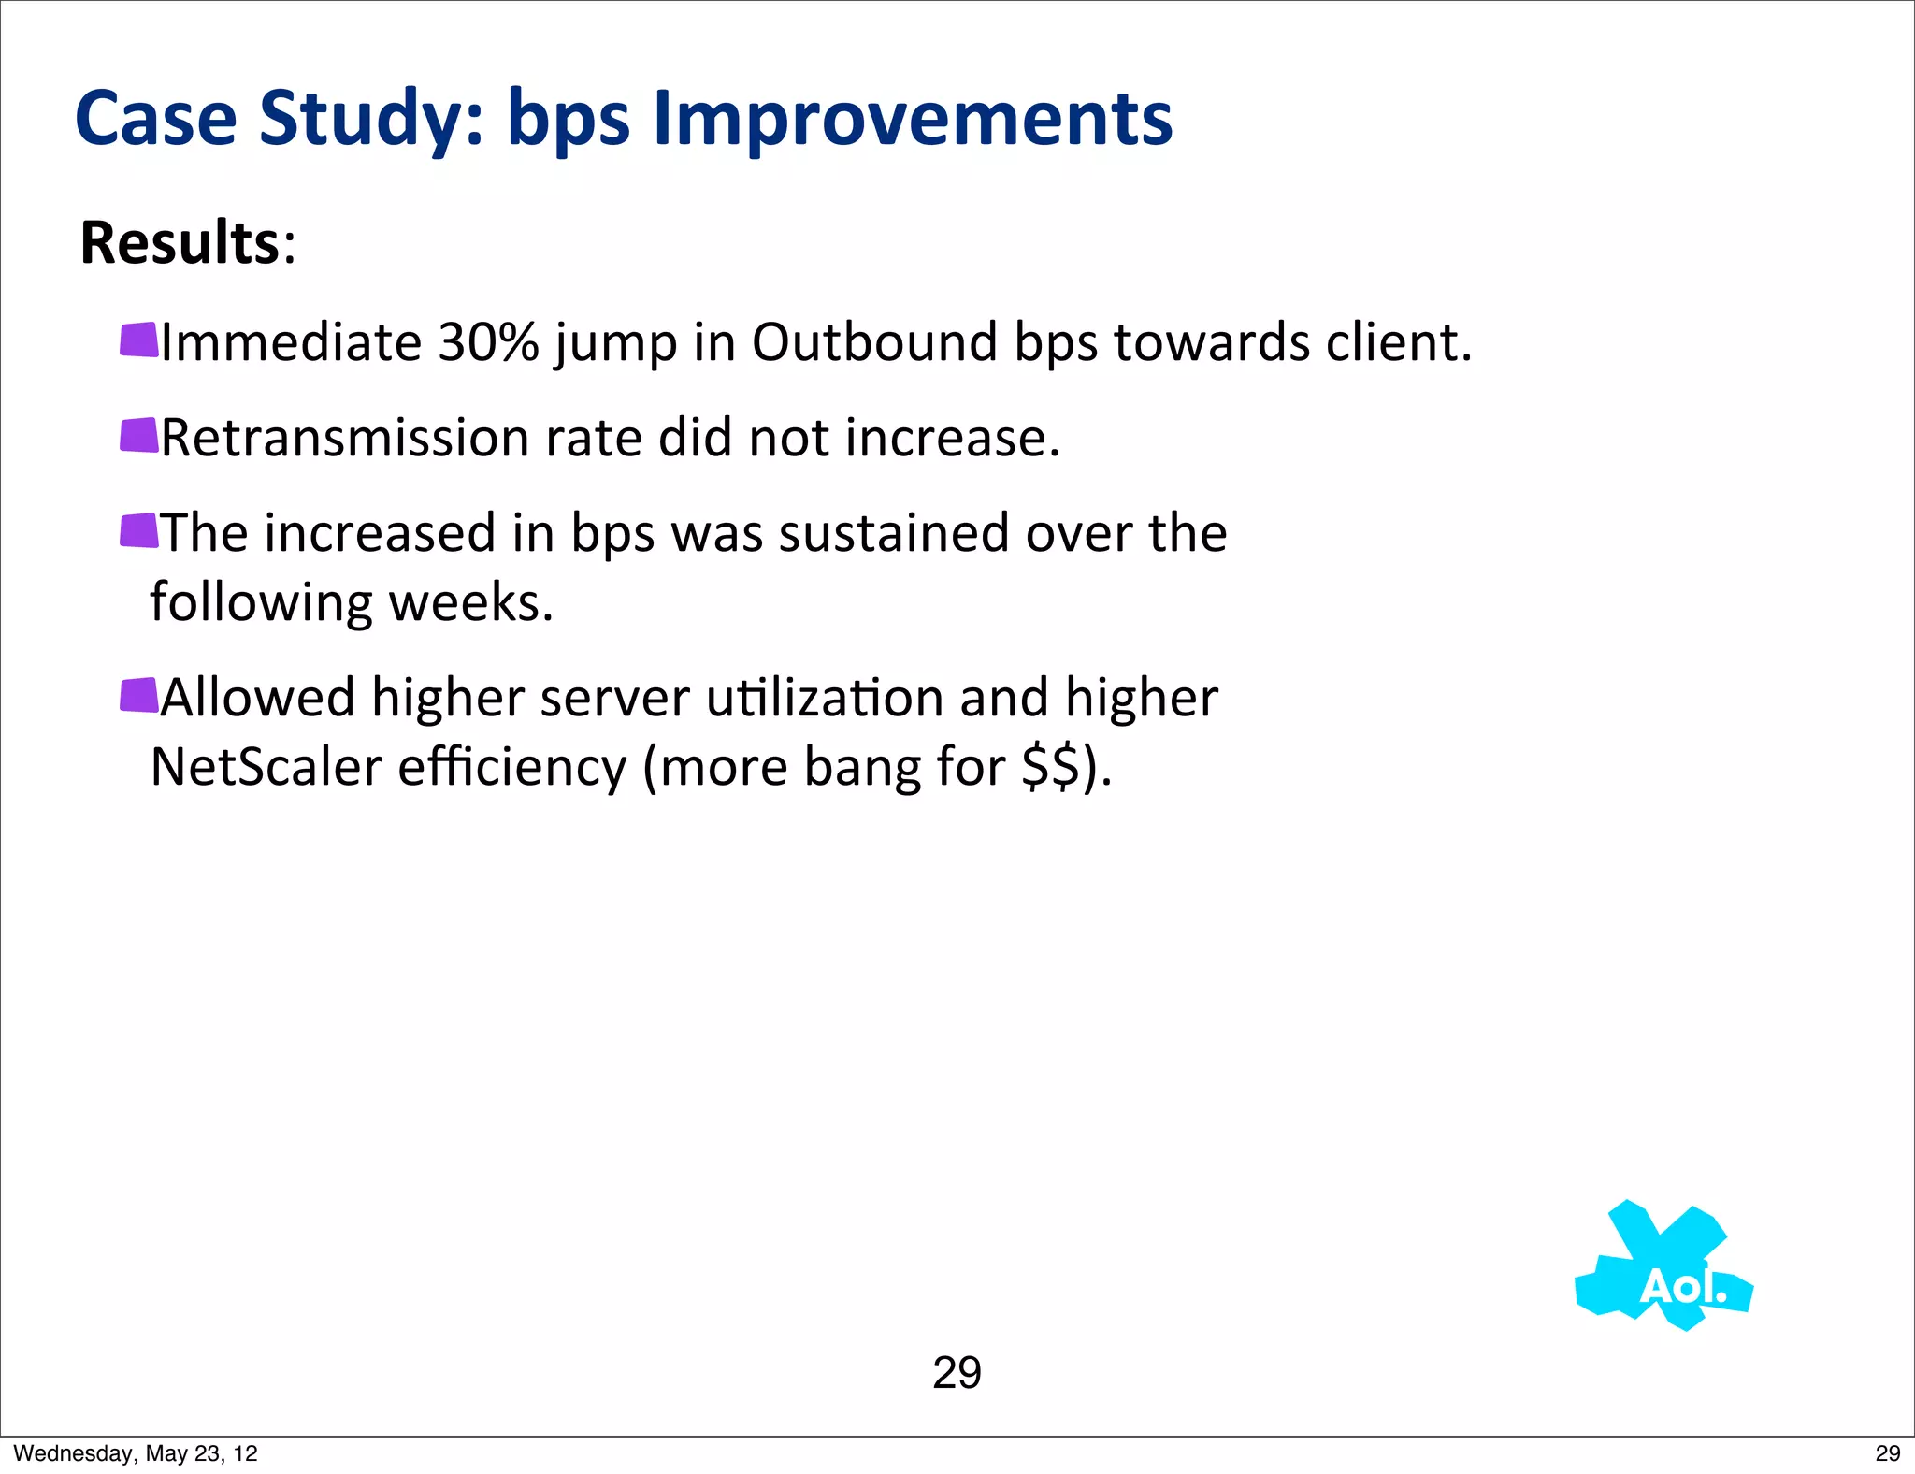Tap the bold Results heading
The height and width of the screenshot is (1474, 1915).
pos(180,243)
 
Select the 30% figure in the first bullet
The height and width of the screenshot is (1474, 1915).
pos(488,342)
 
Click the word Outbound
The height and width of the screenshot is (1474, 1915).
pos(874,342)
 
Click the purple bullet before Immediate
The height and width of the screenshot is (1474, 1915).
pos(139,340)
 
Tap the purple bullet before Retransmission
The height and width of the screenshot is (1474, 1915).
pos(139,435)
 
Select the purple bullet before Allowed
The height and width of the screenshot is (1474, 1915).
pos(139,695)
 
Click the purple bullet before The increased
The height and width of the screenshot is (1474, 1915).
pos(139,530)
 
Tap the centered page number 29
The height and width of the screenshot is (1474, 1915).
pos(957,1373)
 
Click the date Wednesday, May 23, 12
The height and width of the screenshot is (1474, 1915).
pos(136,1453)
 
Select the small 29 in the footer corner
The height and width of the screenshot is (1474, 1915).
pos(1887,1453)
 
